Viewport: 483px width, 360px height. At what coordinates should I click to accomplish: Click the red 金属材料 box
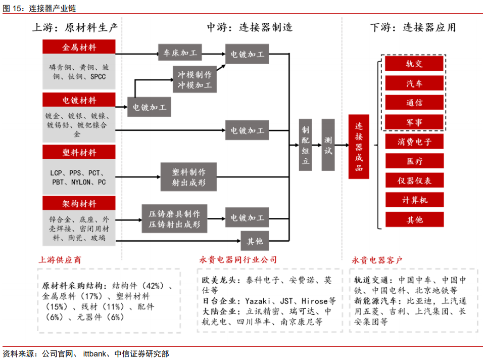coord(79,47)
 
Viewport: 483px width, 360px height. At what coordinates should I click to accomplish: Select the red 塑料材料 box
coord(79,152)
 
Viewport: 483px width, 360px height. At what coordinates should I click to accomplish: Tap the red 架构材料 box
coord(79,203)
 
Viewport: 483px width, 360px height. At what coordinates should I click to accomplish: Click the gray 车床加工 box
coord(180,53)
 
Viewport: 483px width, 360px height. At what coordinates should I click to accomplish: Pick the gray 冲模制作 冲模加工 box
coord(195,80)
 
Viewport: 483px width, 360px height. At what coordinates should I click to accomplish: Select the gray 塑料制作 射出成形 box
coord(189,176)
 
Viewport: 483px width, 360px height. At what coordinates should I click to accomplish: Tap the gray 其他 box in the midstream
coord(255,241)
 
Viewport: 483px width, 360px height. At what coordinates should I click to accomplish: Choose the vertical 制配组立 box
coord(305,145)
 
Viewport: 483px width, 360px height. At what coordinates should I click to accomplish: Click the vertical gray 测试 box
coord(328,145)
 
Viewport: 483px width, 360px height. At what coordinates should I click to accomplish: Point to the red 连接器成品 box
coord(359,147)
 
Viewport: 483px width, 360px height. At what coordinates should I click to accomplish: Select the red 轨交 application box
coord(414,64)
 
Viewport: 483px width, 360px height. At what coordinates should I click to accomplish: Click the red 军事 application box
coord(414,122)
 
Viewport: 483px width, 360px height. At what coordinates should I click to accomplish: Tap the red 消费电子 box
coord(414,142)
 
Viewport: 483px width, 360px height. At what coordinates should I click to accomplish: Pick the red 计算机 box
coord(414,200)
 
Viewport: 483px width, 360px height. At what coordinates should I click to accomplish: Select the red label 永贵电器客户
coord(377,260)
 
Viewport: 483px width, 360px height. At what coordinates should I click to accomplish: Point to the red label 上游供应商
coord(60,260)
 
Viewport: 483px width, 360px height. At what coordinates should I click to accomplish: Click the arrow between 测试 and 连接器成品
coord(342,145)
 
